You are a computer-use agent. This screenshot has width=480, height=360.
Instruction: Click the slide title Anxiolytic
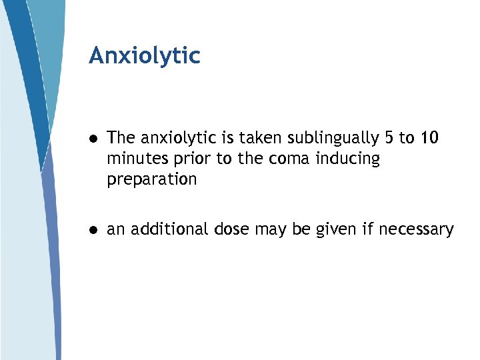click(x=144, y=56)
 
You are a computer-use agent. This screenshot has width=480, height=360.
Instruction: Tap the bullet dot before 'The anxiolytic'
click(x=95, y=139)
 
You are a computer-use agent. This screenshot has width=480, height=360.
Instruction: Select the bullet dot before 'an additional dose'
click(x=95, y=230)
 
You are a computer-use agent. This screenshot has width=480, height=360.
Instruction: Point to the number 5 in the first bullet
click(x=389, y=138)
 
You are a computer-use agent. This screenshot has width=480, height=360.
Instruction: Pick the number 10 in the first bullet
click(x=429, y=138)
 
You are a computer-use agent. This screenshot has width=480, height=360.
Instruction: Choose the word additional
click(x=170, y=229)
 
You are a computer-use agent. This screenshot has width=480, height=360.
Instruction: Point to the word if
click(x=368, y=229)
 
